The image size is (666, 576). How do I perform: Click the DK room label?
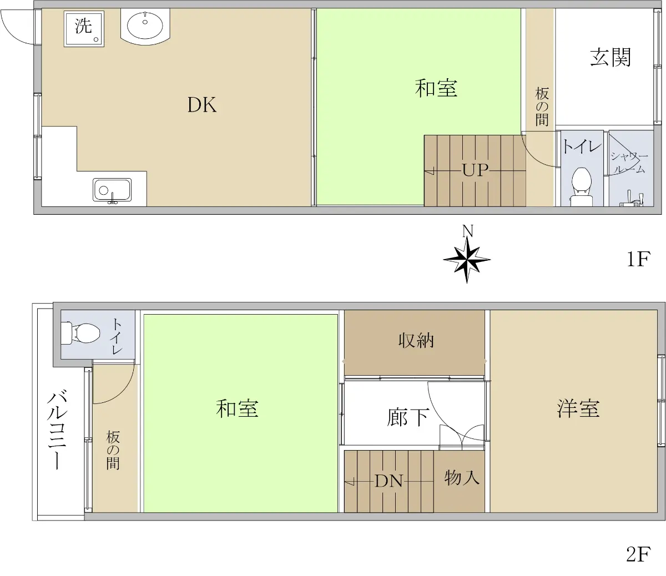(x=202, y=105)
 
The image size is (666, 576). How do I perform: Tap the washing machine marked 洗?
(x=84, y=29)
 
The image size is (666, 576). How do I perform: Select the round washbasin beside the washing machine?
(x=145, y=25)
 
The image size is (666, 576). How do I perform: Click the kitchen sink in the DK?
(x=112, y=191)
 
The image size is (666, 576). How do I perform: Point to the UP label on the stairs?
(x=475, y=170)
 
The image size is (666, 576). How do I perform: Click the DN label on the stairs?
(x=389, y=481)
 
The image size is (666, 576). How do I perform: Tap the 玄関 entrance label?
(x=610, y=57)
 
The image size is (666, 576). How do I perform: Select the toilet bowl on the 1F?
(x=582, y=184)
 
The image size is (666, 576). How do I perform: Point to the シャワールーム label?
(x=629, y=163)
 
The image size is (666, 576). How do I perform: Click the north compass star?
(x=467, y=260)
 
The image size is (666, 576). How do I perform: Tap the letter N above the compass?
(x=468, y=231)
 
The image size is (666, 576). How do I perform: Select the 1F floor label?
(x=639, y=259)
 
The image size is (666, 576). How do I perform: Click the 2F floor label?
(x=638, y=554)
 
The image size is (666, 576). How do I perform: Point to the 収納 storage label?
(x=416, y=341)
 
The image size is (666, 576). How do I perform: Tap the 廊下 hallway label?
(x=408, y=417)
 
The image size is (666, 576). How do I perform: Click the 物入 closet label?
(x=462, y=477)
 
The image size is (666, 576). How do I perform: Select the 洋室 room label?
(x=578, y=408)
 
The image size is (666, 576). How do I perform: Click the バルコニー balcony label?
(x=57, y=430)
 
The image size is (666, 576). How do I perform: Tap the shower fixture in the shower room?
(x=632, y=199)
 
